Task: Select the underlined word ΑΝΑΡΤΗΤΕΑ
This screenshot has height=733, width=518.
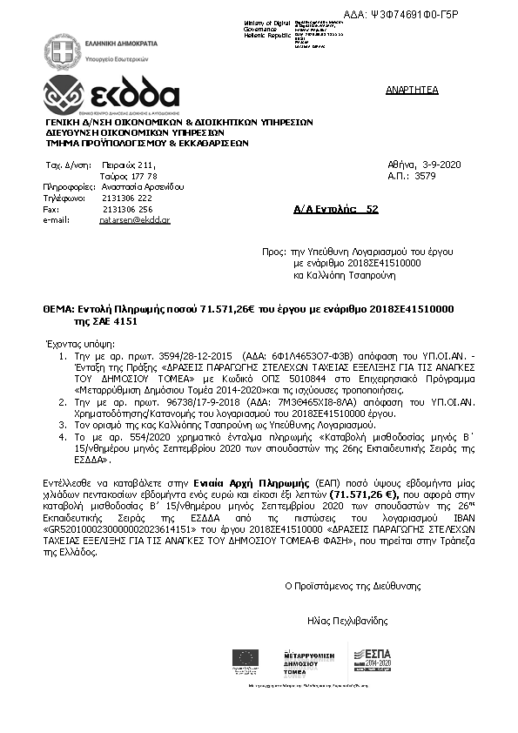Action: click(412, 90)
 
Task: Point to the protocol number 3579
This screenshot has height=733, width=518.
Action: click(426, 175)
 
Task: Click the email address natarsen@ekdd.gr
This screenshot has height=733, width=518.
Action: click(134, 221)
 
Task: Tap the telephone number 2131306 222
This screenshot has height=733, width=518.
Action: click(127, 198)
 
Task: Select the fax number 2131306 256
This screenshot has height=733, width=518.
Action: click(127, 209)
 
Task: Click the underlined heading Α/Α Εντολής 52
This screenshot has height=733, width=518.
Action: click(336, 210)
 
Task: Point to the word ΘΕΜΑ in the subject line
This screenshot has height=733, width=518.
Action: click(58, 310)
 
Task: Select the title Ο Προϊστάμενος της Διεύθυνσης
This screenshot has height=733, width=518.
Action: click(346, 585)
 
